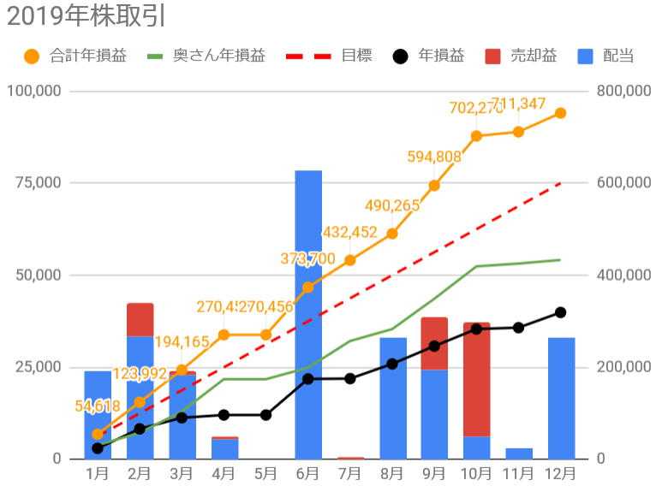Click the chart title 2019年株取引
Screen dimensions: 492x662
tap(86, 16)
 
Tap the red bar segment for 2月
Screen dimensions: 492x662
tap(140, 319)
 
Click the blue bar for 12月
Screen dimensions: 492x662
tap(561, 398)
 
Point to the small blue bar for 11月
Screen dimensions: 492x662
tap(519, 453)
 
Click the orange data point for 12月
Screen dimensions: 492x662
tap(561, 113)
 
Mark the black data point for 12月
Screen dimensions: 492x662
tap(561, 312)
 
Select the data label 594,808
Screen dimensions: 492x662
tap(434, 157)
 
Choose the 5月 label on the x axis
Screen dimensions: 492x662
tap(265, 472)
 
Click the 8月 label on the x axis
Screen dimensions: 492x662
tap(392, 472)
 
